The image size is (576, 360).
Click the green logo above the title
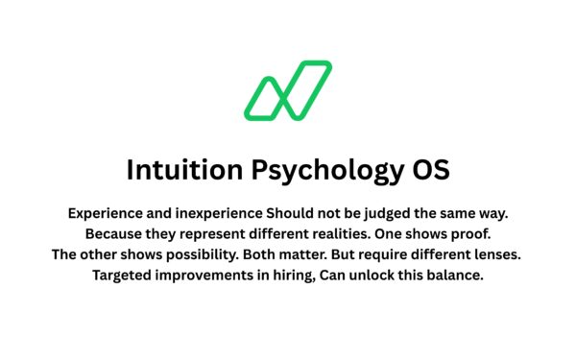point(288,91)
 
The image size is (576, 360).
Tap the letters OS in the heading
point(429,171)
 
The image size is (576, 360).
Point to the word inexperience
point(216,212)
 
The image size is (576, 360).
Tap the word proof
point(468,233)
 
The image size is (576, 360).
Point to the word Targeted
point(123,276)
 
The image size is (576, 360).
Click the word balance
point(459,276)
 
